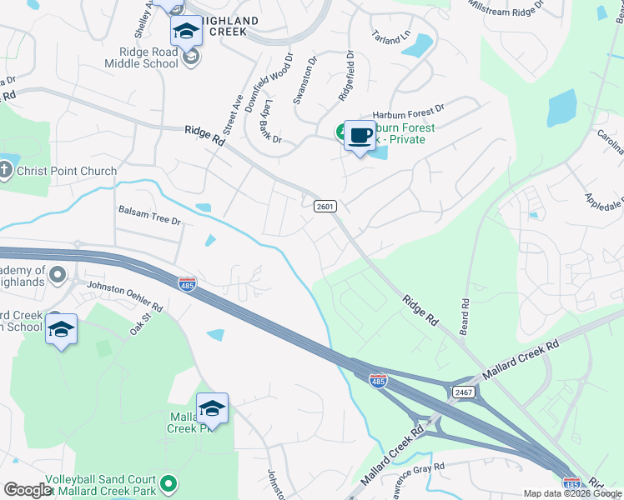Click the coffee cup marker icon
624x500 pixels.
point(360,135)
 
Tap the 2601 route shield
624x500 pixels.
point(325,206)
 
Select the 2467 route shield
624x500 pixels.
point(464,391)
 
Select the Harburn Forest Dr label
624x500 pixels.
point(409,107)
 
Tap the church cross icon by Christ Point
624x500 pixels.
point(6,171)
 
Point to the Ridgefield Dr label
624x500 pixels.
point(346,76)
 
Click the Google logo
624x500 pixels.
point(28,490)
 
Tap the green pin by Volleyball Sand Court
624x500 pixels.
point(169,483)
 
